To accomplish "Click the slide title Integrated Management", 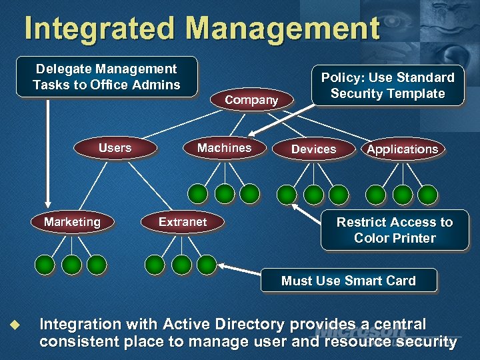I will coord(201,29).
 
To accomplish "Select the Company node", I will coord(251,100).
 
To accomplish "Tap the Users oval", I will coord(115,148).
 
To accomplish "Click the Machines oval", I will coord(224,148).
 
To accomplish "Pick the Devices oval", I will coord(313,149).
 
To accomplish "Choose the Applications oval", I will coord(402,149).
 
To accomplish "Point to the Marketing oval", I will coord(72,222).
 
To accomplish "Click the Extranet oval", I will coord(183,222).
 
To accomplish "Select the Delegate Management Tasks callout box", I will coord(107,77).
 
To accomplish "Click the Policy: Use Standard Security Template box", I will coord(387,85).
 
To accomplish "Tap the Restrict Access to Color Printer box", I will coord(394,230).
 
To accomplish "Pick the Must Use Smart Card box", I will coord(348,281).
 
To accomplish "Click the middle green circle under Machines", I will coord(225,194).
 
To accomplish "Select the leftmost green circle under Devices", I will coord(287,194).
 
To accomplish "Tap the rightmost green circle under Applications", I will coord(427,194).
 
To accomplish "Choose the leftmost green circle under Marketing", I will coord(45,265).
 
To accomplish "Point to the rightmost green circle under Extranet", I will coord(207,265).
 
